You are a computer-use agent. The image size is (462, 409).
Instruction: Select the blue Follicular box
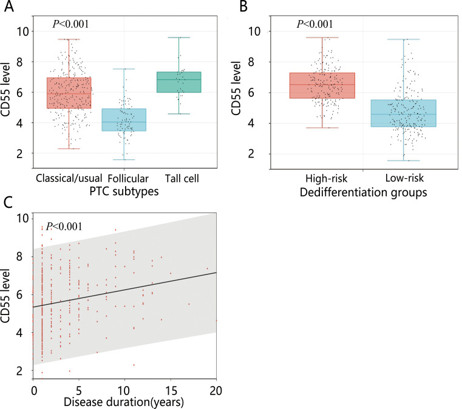pos(124,120)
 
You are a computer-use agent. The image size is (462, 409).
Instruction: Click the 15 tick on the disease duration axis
pos(171,388)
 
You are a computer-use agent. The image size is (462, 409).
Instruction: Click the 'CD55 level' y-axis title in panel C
pos(8,298)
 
